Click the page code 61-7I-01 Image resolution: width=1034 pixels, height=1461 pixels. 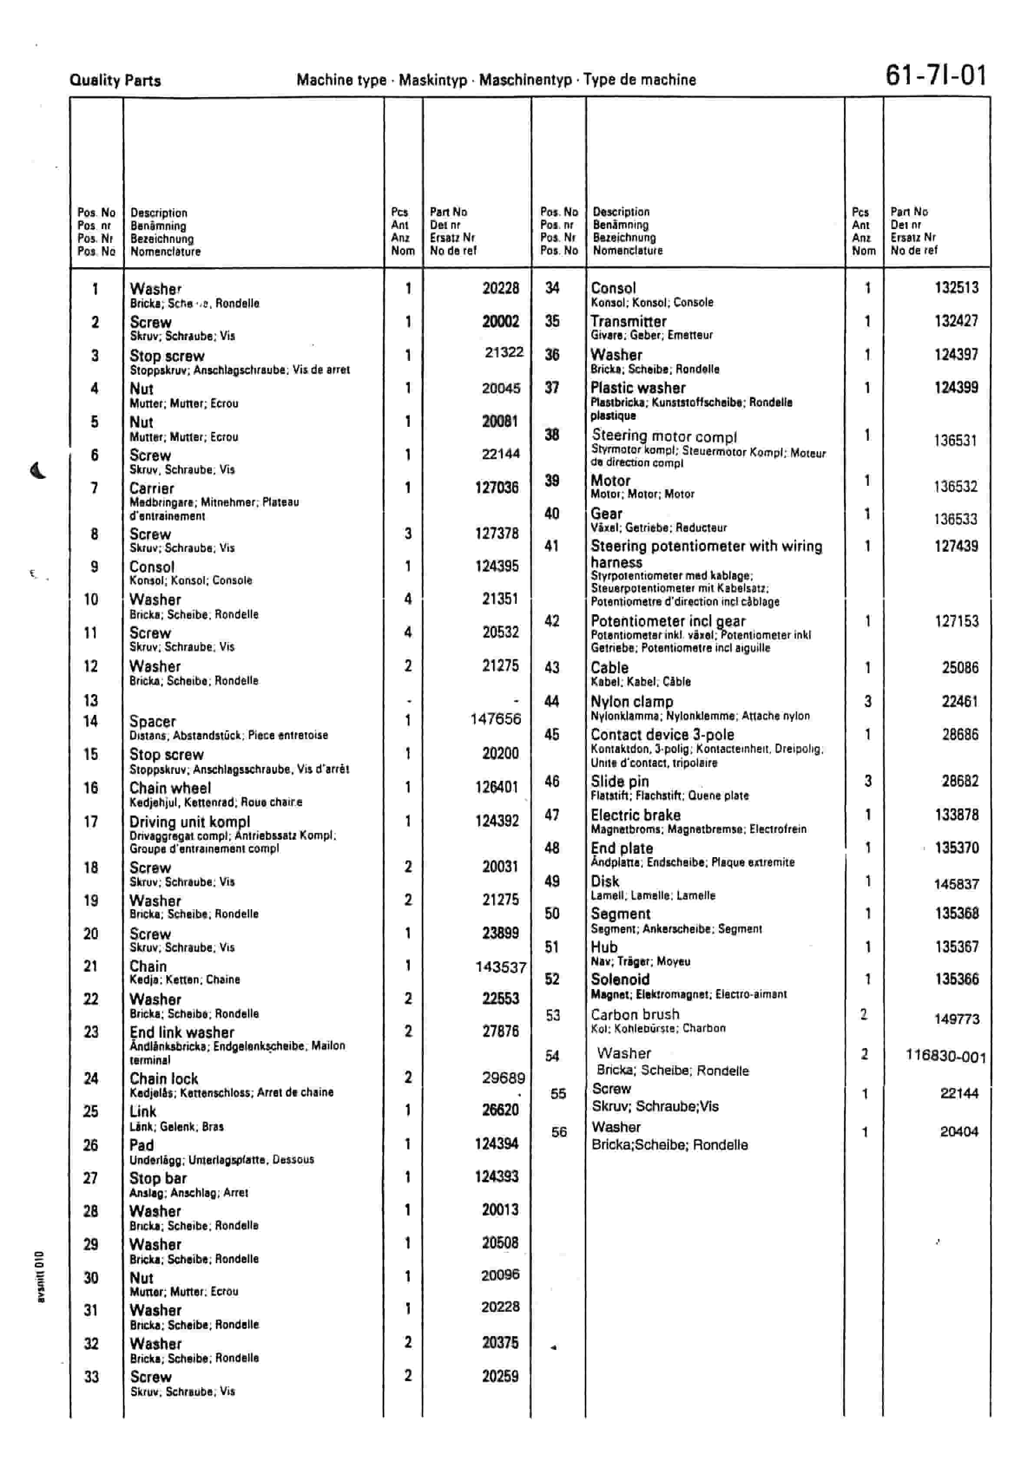pyautogui.click(x=936, y=76)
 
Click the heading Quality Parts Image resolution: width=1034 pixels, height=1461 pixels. pyautogui.click(x=115, y=81)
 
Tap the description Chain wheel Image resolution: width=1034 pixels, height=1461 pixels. pyautogui.click(x=170, y=788)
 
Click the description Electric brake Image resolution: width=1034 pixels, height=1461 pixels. pyautogui.click(x=636, y=815)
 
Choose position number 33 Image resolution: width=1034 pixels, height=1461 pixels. pyautogui.click(x=92, y=1377)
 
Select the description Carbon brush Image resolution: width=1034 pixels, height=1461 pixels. pyautogui.click(x=635, y=1014)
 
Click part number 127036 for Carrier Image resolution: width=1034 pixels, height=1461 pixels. pyautogui.click(x=497, y=488)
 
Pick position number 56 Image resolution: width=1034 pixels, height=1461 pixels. pyautogui.click(x=559, y=1132)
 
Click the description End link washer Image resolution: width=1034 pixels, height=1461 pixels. pyautogui.click(x=182, y=1032)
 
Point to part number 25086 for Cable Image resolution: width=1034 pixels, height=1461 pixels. pyautogui.click(x=960, y=668)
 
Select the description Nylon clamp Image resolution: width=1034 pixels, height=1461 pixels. pyautogui.click(x=632, y=702)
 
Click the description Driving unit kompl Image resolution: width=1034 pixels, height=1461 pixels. pyautogui.click(x=190, y=822)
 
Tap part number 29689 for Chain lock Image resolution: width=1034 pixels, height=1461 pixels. pyautogui.click(x=503, y=1078)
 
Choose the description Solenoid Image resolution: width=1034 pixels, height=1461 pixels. pyautogui.click(x=620, y=979)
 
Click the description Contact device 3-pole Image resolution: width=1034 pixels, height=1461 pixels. pyautogui.click(x=662, y=735)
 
